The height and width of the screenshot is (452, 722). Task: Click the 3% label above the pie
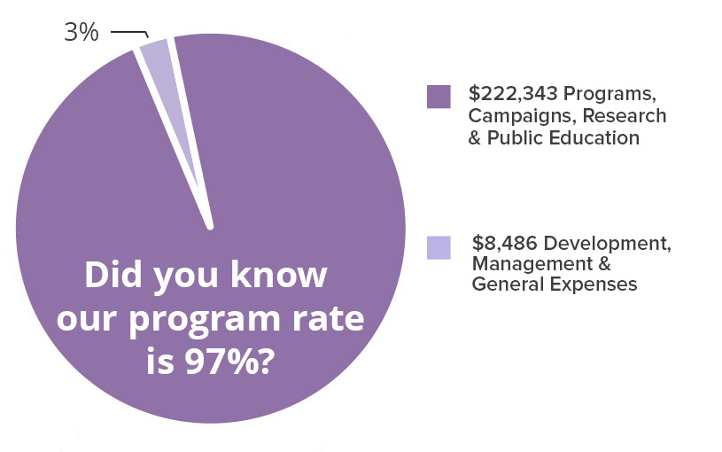(x=81, y=34)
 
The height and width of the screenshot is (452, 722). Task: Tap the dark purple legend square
(x=439, y=96)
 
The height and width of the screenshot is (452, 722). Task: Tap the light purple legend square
(x=439, y=247)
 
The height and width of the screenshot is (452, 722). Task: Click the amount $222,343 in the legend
(x=513, y=95)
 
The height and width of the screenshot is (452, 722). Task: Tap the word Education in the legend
(x=595, y=137)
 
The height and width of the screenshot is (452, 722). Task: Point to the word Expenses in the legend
(x=597, y=284)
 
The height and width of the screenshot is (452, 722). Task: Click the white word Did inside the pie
(x=113, y=276)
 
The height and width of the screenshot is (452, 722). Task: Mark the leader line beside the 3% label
(x=129, y=33)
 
